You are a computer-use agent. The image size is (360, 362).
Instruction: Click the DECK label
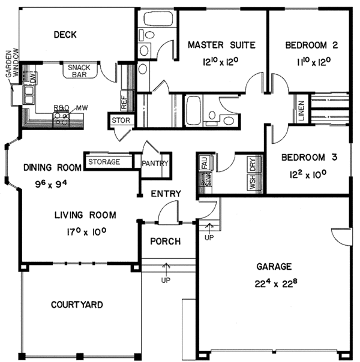point(65,35)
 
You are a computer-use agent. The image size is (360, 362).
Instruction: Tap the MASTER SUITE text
point(222,45)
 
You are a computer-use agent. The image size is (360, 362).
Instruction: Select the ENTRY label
point(164,194)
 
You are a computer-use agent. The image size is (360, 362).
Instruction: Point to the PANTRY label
point(155,163)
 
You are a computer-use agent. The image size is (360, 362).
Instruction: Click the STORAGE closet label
point(104,162)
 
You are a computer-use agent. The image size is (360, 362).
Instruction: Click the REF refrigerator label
point(124,102)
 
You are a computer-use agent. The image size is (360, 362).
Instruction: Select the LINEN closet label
point(300,111)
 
